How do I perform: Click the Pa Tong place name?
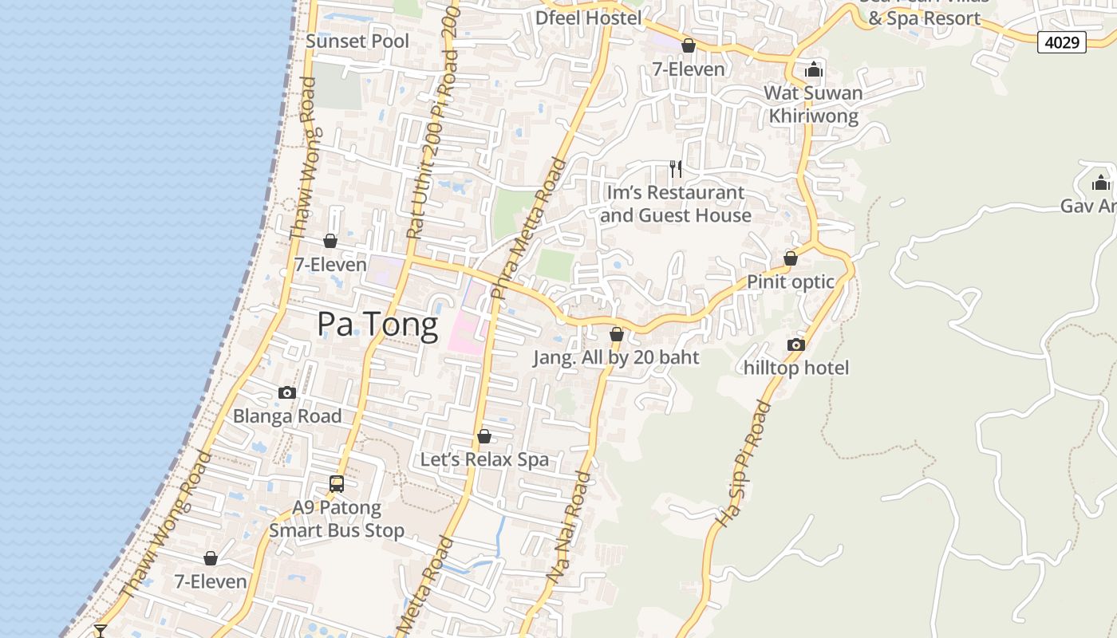click(x=377, y=325)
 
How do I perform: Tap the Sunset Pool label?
click(x=357, y=41)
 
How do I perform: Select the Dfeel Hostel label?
click(x=589, y=18)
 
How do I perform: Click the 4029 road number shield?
click(x=1062, y=42)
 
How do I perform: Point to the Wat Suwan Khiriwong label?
click(x=813, y=104)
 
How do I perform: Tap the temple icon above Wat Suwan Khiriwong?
click(x=813, y=70)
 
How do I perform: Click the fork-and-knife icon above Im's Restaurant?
click(x=676, y=169)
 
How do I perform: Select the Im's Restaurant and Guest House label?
click(x=676, y=204)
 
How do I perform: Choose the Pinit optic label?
click(x=790, y=282)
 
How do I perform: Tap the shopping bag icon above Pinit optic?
click(x=790, y=259)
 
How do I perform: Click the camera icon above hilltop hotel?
click(x=795, y=345)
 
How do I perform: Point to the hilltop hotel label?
click(x=795, y=368)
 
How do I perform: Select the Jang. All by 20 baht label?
click(x=616, y=357)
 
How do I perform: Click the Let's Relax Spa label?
click(x=484, y=459)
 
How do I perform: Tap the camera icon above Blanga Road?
click(x=287, y=392)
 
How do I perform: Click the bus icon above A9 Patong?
click(x=337, y=483)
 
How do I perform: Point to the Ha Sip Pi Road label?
click(x=744, y=464)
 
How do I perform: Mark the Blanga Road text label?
click(x=287, y=415)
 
